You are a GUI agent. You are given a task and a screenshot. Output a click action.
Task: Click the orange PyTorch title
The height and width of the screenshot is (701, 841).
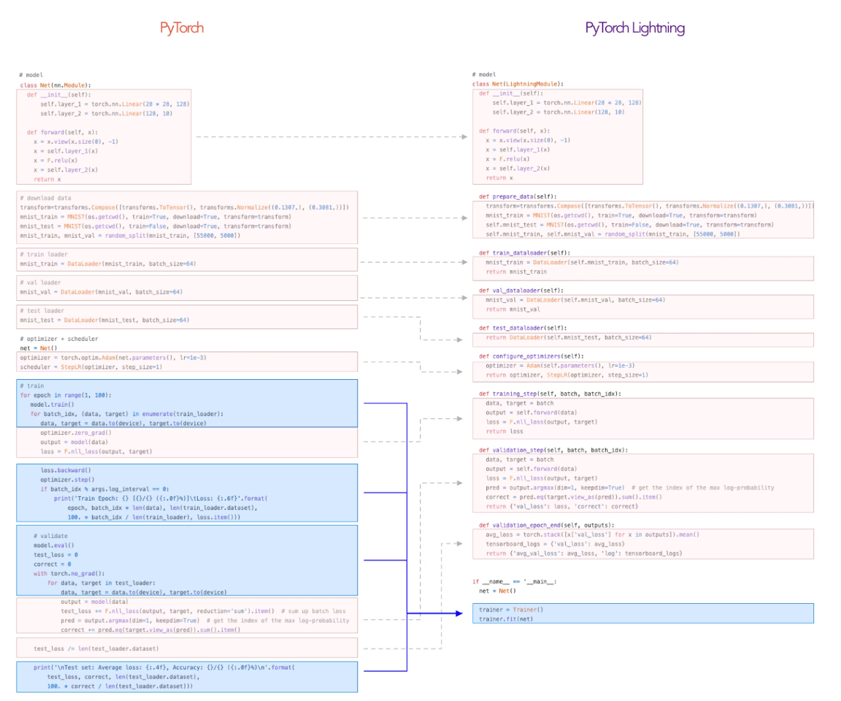[x=182, y=28]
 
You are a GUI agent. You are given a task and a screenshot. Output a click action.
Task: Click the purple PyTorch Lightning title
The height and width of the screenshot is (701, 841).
[x=635, y=28]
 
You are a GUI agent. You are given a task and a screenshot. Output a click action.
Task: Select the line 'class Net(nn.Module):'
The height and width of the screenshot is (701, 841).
[x=55, y=85]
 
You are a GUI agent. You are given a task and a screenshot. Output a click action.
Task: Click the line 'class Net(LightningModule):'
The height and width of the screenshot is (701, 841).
[x=518, y=84]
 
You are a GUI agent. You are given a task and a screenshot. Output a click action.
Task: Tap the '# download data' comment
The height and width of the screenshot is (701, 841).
[x=45, y=198]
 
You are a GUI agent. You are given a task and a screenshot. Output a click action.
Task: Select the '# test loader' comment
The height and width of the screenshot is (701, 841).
[x=42, y=311]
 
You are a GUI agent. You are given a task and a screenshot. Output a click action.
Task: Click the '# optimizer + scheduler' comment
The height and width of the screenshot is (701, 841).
[x=58, y=339]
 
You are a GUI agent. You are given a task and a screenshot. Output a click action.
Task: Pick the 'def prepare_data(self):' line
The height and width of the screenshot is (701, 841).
[x=518, y=196]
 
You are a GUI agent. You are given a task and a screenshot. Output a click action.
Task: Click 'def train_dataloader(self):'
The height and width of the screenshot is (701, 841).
[x=524, y=253]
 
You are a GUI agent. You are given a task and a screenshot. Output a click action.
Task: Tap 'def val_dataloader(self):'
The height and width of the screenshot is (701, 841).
[x=521, y=290]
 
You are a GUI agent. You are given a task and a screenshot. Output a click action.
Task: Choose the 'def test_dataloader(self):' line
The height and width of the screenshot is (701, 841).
[x=522, y=328]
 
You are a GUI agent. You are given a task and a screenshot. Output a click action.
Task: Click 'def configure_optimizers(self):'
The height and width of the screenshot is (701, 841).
[x=531, y=356]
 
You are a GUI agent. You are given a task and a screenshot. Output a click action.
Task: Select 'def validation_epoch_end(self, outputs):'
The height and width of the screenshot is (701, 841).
[x=547, y=526]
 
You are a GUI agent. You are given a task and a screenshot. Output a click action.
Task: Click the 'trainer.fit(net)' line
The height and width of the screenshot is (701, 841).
[x=506, y=619]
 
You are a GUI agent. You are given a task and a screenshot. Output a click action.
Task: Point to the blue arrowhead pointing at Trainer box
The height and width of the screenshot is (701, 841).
[x=459, y=614]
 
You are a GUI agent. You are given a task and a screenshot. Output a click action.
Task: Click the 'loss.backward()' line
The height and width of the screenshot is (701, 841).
[x=66, y=470]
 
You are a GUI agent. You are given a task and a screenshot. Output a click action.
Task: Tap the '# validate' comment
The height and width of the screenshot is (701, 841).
[x=50, y=536]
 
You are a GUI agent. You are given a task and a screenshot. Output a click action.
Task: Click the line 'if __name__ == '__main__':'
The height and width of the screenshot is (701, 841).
[x=514, y=581]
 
